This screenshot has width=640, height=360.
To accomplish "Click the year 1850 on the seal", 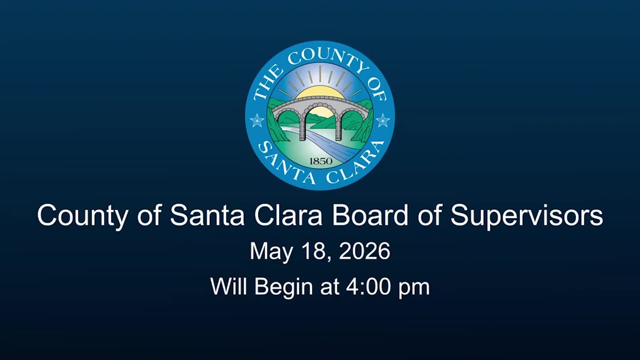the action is (x=321, y=161).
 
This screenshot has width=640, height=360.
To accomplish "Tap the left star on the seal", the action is (x=257, y=120).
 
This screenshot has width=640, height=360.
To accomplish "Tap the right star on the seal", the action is (x=382, y=120).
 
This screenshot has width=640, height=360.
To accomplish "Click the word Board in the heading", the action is (x=370, y=215).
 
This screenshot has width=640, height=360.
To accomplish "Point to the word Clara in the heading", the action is (x=288, y=215).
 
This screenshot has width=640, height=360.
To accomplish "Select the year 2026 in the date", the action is (x=364, y=251).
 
